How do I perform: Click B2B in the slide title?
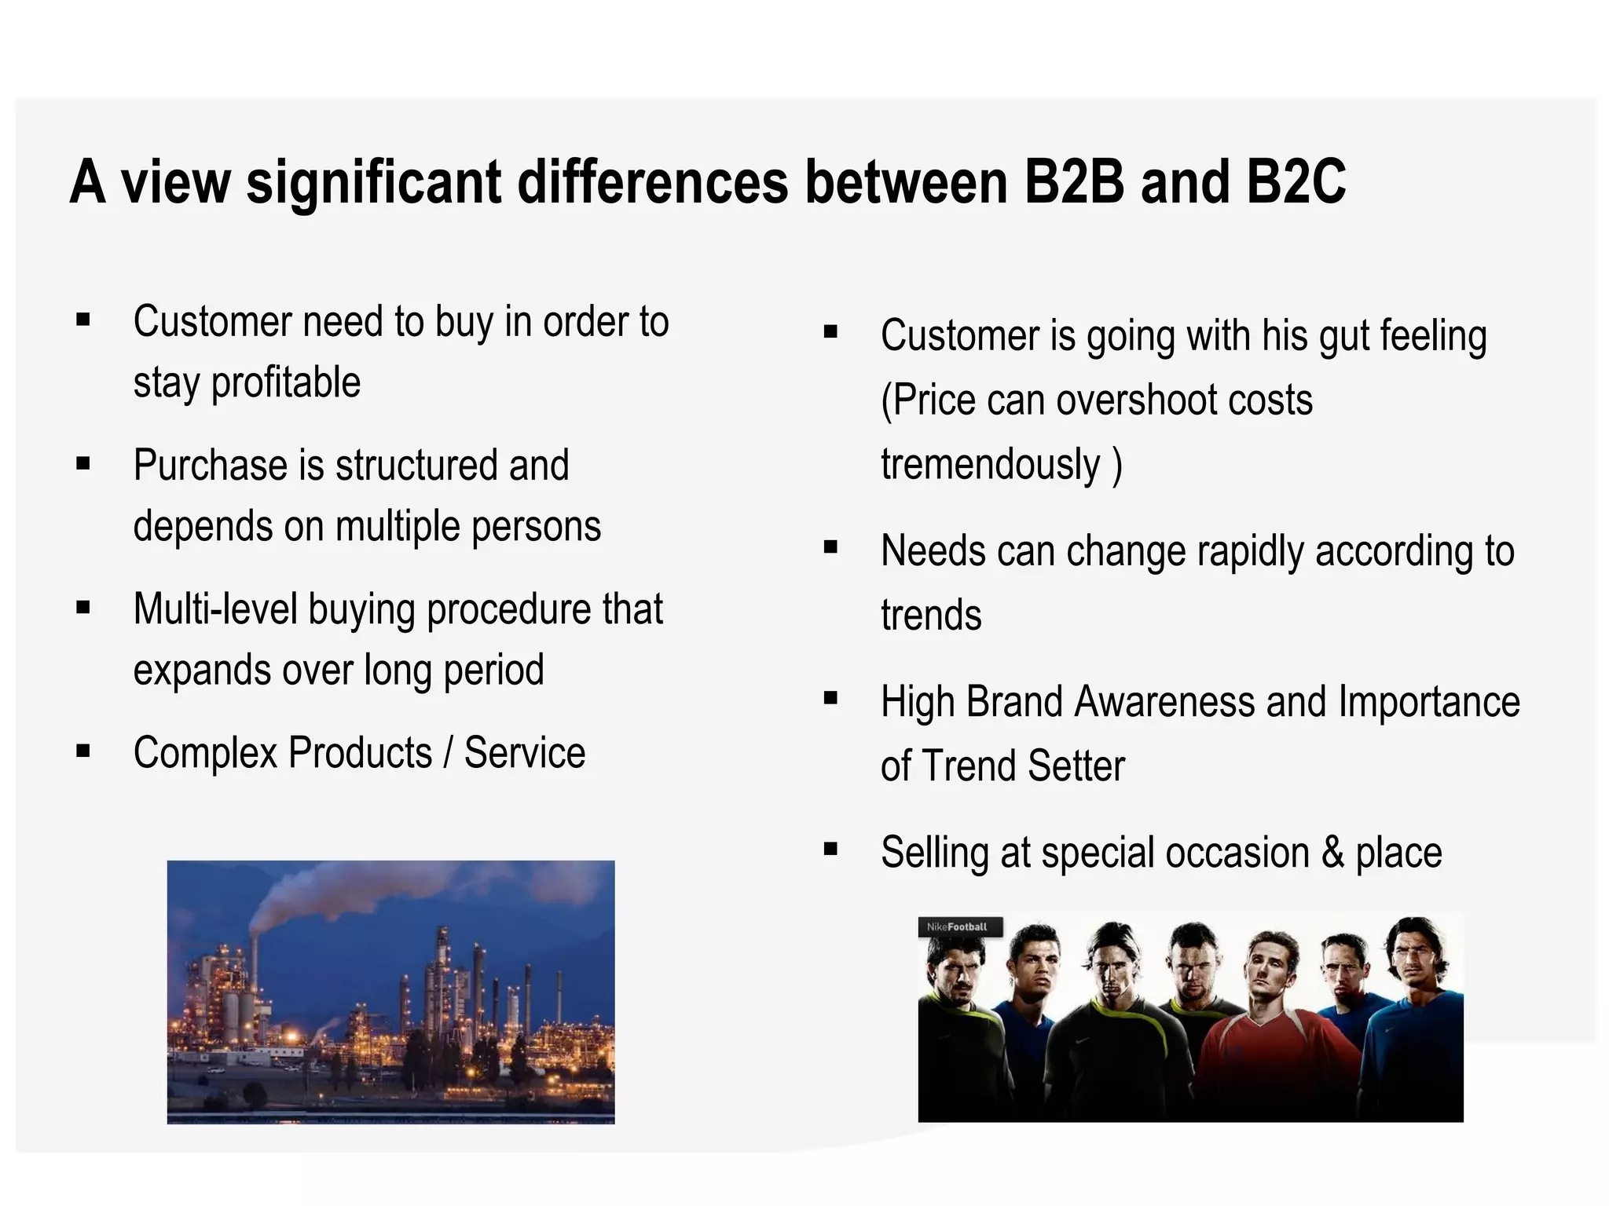coord(1074,182)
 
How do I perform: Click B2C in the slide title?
coord(1296,182)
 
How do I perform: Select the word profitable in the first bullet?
coord(286,383)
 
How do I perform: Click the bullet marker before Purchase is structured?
coord(83,463)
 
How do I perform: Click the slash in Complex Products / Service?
coord(448,754)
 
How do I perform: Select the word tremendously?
coord(991,465)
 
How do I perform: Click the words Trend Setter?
coord(1023,766)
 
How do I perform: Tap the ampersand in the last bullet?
coord(1332,853)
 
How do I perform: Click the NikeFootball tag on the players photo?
coord(958,927)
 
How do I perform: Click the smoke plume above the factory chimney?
coord(314,895)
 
